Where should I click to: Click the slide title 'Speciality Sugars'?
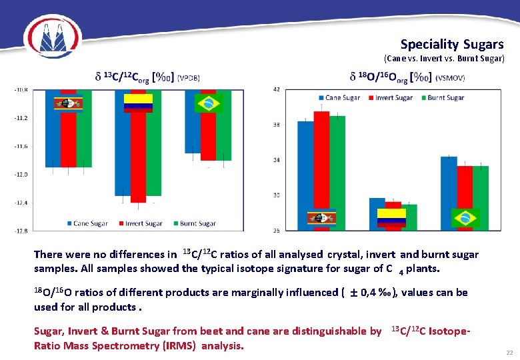click(452, 45)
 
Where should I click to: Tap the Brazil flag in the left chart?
click(208, 103)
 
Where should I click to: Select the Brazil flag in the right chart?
click(465, 217)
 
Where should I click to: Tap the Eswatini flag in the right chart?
click(321, 218)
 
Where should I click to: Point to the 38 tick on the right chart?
click(277, 125)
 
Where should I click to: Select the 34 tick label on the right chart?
click(277, 160)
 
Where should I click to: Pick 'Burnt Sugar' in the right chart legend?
click(445, 98)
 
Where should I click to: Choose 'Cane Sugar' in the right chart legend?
click(343, 98)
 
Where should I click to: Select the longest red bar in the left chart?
click(138, 153)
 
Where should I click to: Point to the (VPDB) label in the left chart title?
click(189, 78)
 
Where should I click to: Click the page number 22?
click(509, 352)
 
